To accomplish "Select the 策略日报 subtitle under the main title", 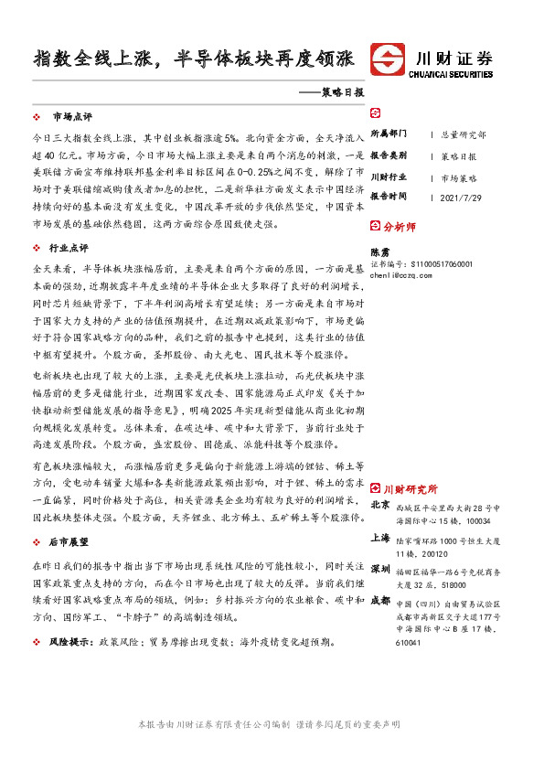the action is [339, 93].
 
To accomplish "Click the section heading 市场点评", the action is [72, 117].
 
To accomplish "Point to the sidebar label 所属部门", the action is [389, 134].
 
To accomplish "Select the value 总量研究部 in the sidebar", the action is [464, 134].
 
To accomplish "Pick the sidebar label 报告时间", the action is [389, 197].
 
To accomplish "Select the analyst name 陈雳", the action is [379, 251].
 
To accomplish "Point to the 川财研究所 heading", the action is [411, 488].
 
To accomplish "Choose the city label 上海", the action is [381, 539].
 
